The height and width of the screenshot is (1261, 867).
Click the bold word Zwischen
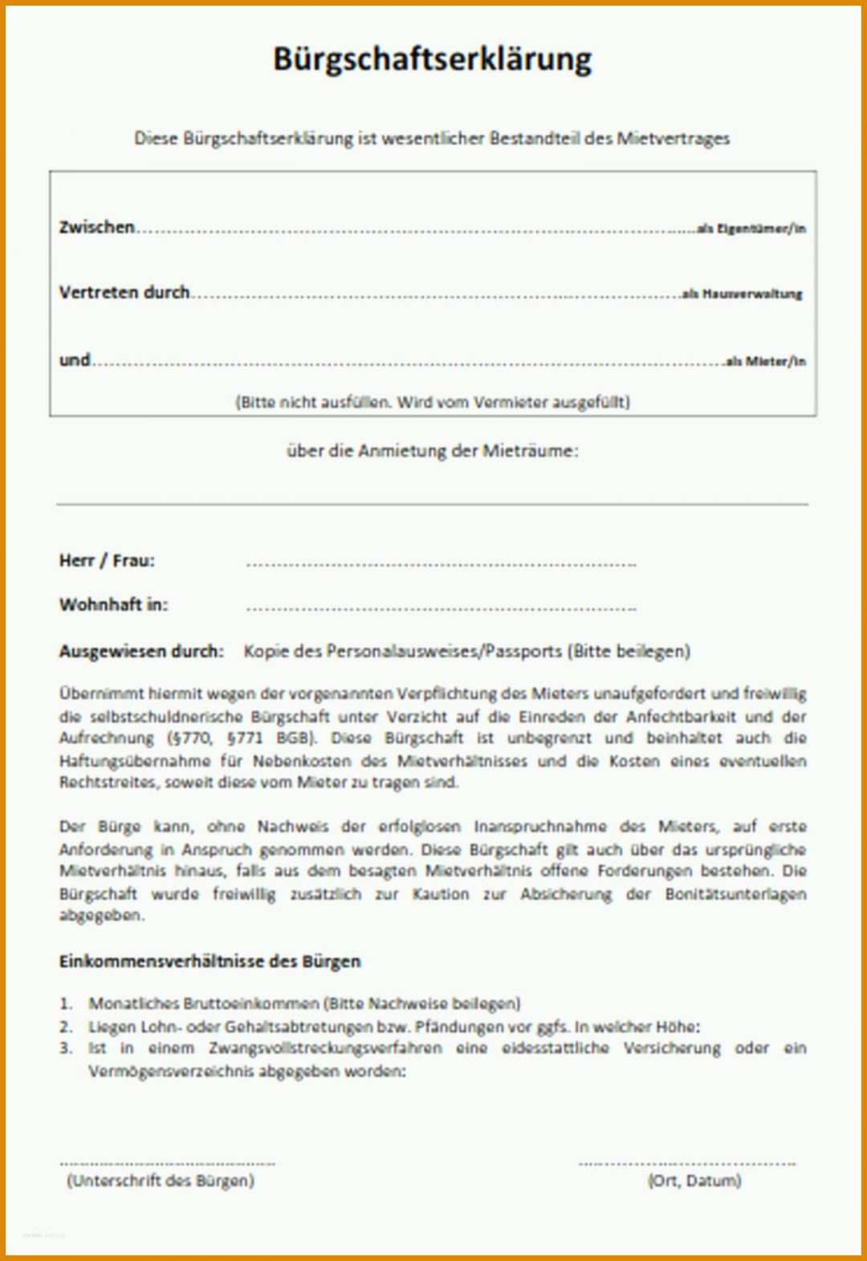pyautogui.click(x=97, y=227)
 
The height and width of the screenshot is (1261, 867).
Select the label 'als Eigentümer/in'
pyautogui.click(x=751, y=229)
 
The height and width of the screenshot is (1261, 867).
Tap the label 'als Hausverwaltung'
pyautogui.click(x=743, y=294)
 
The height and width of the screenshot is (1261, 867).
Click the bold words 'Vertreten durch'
pyautogui.click(x=124, y=292)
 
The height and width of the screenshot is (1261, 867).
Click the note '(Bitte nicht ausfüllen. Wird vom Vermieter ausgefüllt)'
pyautogui.click(x=432, y=401)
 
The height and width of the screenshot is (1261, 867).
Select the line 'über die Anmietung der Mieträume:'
pyautogui.click(x=432, y=450)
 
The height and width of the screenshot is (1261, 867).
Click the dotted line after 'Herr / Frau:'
pyautogui.click(x=441, y=564)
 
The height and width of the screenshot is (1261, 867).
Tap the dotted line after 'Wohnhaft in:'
pyautogui.click(x=441, y=608)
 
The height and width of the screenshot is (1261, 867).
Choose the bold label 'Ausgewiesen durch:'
pyautogui.click(x=141, y=651)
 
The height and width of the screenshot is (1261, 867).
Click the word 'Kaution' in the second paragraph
pyautogui.click(x=441, y=893)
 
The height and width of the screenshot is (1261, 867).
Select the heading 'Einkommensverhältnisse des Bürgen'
pyautogui.click(x=210, y=961)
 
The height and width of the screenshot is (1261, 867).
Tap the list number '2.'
pyautogui.click(x=66, y=1026)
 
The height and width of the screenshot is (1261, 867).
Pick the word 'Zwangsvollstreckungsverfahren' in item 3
pyautogui.click(x=325, y=1048)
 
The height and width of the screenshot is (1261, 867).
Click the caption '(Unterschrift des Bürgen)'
pyautogui.click(x=161, y=1180)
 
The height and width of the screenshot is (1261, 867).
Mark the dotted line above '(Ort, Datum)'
pyautogui.click(x=686, y=1162)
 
